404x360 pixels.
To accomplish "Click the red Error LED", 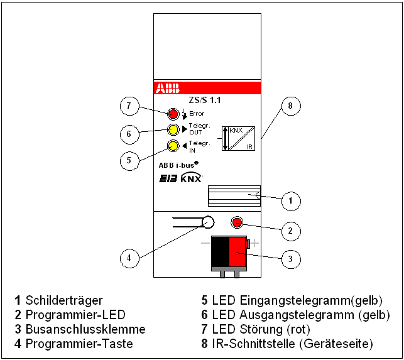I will (x=173, y=114).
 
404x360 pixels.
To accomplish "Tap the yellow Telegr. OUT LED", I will (x=173, y=130).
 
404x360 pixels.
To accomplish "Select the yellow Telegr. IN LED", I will (x=173, y=147).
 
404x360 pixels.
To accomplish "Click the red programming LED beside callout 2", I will (x=237, y=222).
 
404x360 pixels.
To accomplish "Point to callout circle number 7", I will (x=129, y=106).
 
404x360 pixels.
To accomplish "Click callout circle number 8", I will (x=290, y=106).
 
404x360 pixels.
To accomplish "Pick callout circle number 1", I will (x=290, y=201).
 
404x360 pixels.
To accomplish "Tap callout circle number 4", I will (x=129, y=257).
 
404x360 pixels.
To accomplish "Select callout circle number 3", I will (x=290, y=258).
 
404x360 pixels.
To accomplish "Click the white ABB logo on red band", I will (x=167, y=88).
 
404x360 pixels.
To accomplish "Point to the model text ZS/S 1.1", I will (x=205, y=100).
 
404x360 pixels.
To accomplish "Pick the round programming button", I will (x=207, y=222).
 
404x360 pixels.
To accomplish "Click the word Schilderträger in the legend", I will (x=64, y=300).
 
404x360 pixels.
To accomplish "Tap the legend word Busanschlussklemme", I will (x=85, y=329).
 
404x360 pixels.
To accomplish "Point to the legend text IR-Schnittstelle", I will (x=252, y=343).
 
